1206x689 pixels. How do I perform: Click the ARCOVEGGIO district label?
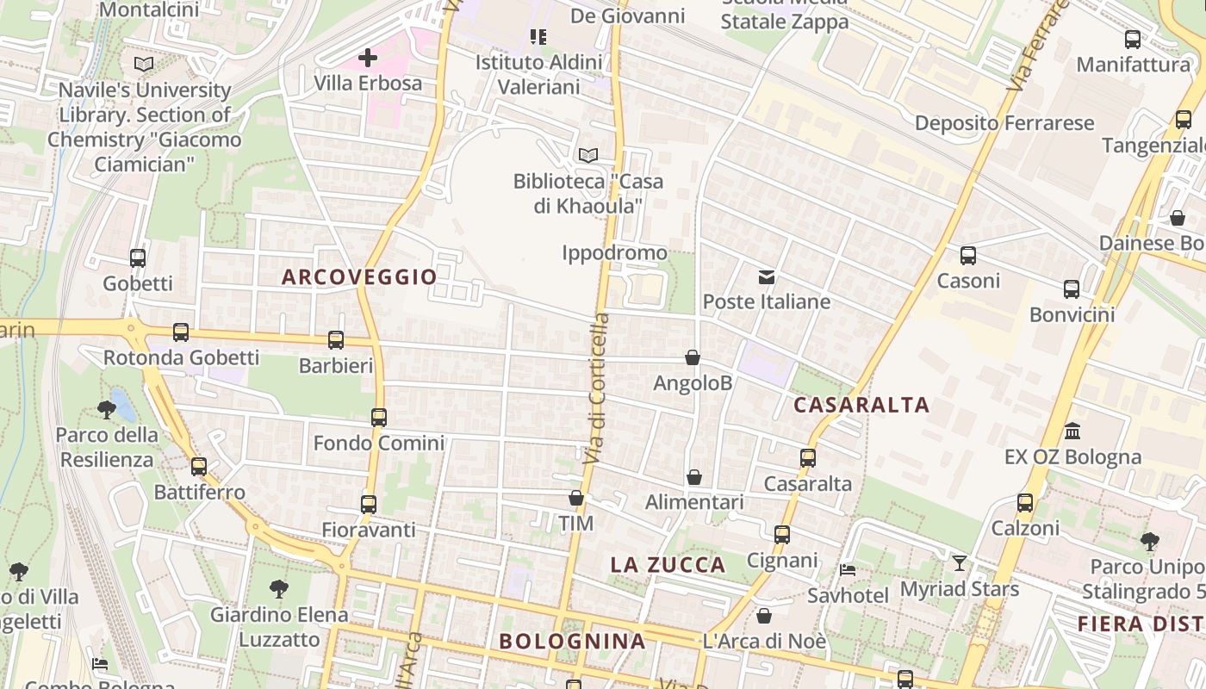point(359,276)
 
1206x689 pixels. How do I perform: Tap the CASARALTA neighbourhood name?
point(861,405)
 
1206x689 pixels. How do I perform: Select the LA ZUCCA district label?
point(668,565)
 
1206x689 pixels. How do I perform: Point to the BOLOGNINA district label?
point(572,641)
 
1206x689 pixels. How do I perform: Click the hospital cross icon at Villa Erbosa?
point(368,58)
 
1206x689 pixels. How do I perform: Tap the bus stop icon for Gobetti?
point(138,258)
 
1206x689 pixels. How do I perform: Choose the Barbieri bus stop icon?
point(336,340)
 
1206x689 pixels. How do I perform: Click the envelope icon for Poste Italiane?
point(766,276)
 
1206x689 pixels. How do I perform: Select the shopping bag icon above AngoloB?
point(693,357)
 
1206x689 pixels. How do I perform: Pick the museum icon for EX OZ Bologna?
point(1072,431)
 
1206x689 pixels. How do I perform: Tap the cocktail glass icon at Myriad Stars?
point(959,563)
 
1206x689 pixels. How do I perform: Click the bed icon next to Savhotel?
point(848,570)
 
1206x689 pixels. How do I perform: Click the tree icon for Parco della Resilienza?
point(107,409)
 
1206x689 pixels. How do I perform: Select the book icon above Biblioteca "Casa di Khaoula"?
point(588,155)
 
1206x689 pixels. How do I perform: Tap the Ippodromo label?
point(614,252)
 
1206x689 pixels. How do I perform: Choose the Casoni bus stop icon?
point(968,255)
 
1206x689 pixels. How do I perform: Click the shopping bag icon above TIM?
point(576,498)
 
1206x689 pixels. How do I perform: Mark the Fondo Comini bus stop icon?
point(379,418)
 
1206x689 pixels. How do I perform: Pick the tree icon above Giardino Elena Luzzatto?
point(278,589)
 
